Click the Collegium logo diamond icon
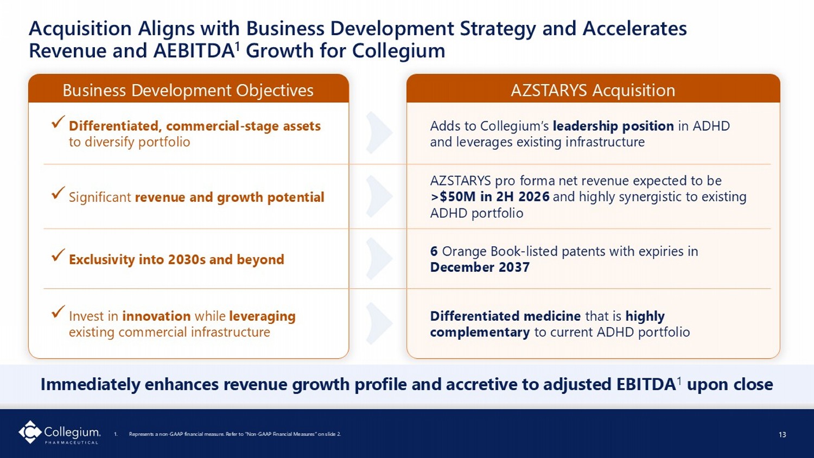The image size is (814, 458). coord(30,432)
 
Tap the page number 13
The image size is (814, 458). coord(783,434)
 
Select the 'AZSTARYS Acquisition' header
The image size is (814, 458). coord(593,90)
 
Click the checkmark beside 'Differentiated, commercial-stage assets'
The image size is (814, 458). coord(58,122)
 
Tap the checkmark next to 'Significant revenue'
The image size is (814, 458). coord(58,193)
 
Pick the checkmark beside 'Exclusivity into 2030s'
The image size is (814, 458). coord(58,255)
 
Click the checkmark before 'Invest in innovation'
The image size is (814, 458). coord(58,311)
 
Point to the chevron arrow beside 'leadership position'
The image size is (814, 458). coord(379,132)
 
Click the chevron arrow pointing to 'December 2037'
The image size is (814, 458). coord(379,258)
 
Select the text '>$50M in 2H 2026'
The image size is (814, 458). coord(490,196)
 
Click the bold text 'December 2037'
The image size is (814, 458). coord(480,268)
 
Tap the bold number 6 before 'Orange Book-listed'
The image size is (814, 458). coord(434,251)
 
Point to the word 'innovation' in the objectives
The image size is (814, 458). coord(157,316)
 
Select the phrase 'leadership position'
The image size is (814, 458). coord(613,126)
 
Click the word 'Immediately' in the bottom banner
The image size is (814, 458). coord(90,385)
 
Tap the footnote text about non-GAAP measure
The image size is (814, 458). coord(235,434)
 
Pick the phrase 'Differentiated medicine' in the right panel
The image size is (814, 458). coord(505,316)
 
